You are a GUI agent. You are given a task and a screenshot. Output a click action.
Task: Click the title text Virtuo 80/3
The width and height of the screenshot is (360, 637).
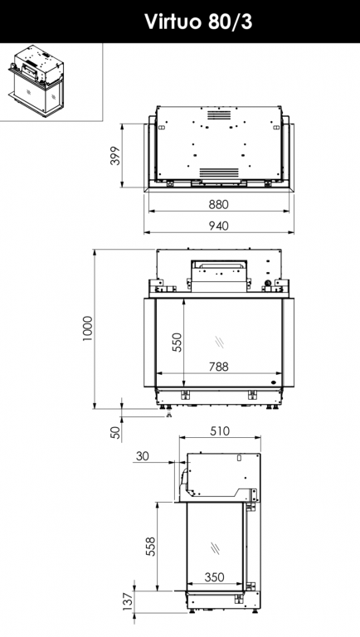click(198, 22)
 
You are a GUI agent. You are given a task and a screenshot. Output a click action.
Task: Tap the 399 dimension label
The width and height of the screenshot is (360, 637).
click(116, 156)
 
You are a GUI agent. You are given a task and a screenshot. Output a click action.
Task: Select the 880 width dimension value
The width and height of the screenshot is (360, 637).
click(219, 204)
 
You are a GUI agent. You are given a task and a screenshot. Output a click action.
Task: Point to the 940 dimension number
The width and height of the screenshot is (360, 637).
click(219, 226)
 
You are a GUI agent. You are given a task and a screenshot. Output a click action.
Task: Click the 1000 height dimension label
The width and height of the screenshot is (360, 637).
click(87, 328)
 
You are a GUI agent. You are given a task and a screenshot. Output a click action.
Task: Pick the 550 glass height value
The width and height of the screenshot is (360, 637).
click(178, 342)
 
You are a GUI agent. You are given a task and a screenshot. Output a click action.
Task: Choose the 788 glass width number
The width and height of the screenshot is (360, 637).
click(219, 367)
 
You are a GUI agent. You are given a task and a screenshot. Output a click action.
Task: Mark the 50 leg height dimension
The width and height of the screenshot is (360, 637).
click(116, 432)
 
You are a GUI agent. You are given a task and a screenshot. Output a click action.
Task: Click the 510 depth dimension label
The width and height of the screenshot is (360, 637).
click(220, 431)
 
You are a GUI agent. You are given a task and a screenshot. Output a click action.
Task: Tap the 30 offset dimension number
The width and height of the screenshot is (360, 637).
click(142, 456)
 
